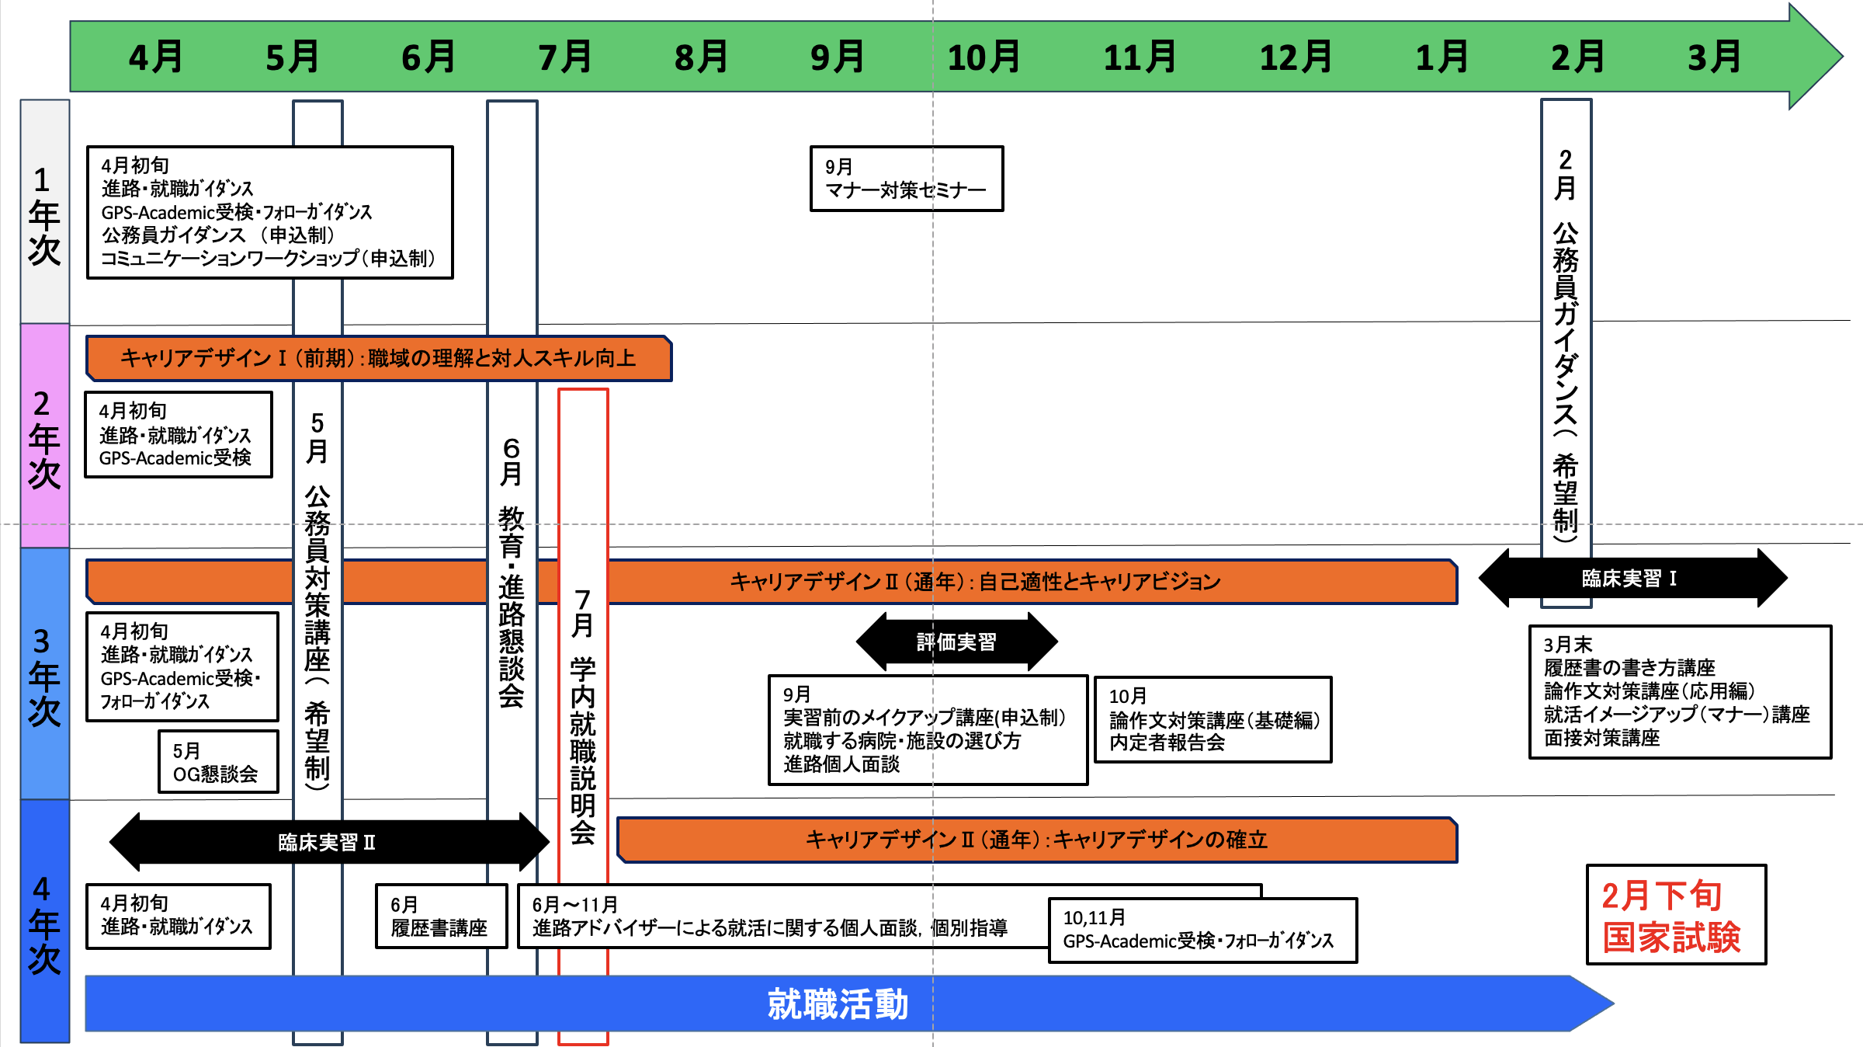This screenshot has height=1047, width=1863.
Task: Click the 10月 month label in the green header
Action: pyautogui.click(x=984, y=57)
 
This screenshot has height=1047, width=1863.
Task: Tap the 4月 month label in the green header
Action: pyautogui.click(x=156, y=57)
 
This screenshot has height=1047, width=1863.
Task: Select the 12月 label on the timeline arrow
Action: pyautogui.click(x=1295, y=57)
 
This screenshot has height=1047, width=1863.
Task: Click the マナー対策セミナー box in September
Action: pyautogui.click(x=906, y=179)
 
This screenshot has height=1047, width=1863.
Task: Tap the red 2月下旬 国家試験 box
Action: pyautogui.click(x=1675, y=915)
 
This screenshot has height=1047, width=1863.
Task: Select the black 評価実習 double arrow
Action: pyautogui.click(x=956, y=642)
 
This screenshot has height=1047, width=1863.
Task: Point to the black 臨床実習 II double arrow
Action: pyautogui.click(x=328, y=842)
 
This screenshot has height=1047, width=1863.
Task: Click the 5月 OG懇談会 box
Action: pyautogui.click(x=218, y=762)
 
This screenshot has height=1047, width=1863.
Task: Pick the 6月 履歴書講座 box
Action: pyautogui.click(x=441, y=917)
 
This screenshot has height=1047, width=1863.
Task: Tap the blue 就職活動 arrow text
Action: pyautogui.click(x=838, y=1004)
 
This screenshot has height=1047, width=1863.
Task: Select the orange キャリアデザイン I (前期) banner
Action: pyautogui.click(x=379, y=358)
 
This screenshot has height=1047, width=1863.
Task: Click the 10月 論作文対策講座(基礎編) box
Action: pyautogui.click(x=1213, y=719)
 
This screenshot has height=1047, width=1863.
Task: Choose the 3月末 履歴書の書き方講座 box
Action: pyautogui.click(x=1679, y=691)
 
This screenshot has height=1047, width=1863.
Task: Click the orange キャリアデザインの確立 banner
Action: pyautogui.click(x=1036, y=840)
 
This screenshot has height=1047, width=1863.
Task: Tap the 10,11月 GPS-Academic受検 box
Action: pyautogui.click(x=1202, y=930)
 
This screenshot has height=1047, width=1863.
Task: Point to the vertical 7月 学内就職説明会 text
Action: pyautogui.click(x=583, y=715)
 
